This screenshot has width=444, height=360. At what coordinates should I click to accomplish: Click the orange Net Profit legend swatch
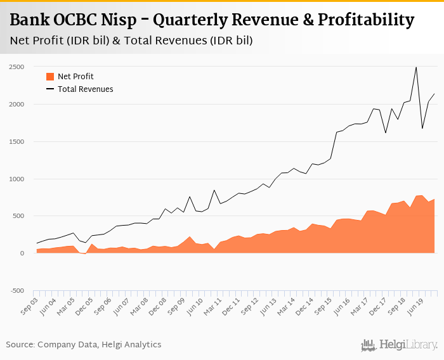[x=50, y=77]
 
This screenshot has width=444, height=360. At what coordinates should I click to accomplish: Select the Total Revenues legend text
[x=85, y=89]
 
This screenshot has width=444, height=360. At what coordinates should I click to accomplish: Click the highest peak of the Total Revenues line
[x=416, y=67]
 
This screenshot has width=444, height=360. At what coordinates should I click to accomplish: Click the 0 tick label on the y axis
[x=22, y=254]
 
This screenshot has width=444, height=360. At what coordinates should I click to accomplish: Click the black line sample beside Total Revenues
[x=50, y=89]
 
